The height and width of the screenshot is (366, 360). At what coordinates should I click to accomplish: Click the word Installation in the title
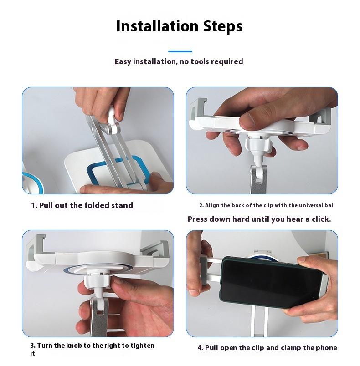tap(157, 26)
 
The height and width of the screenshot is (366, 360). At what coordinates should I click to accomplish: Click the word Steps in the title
tap(223, 26)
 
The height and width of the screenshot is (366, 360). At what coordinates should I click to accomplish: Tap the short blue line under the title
tap(180, 51)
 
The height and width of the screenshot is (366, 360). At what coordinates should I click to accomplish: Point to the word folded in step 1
tap(97, 205)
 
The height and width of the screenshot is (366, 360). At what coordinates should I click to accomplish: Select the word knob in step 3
tap(74, 345)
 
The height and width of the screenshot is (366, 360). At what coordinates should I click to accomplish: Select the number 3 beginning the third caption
tap(32, 345)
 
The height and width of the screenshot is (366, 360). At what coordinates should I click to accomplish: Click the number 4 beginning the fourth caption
tap(200, 348)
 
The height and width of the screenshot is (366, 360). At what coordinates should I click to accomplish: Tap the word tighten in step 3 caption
tap(142, 345)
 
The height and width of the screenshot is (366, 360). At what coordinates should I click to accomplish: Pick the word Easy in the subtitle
tap(123, 61)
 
